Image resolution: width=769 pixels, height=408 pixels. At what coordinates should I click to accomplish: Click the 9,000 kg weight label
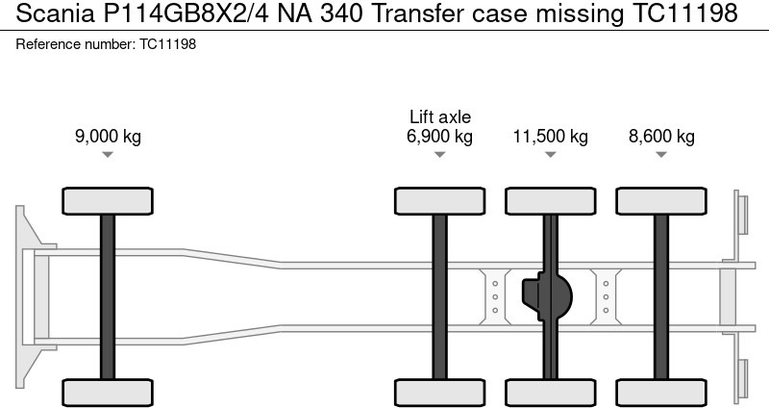tap(108, 136)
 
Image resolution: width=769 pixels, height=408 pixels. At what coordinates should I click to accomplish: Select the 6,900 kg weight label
tap(439, 136)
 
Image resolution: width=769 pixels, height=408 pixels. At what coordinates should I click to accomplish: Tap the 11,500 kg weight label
tap(550, 136)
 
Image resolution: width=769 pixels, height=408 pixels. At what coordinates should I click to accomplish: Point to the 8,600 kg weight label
tap(661, 136)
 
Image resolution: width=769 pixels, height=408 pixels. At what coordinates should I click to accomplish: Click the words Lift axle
tap(439, 116)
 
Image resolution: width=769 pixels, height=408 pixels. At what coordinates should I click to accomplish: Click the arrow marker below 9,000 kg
tap(108, 155)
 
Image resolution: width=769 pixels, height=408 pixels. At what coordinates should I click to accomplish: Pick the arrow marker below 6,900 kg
tap(439, 155)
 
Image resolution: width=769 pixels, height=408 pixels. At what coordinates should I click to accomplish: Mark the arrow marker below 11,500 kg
tap(550, 155)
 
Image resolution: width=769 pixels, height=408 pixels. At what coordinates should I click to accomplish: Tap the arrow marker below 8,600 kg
tap(661, 155)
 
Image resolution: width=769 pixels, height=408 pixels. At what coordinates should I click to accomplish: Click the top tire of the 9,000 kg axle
tap(108, 201)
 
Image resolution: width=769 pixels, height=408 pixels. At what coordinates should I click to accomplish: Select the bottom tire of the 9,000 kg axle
tap(108, 392)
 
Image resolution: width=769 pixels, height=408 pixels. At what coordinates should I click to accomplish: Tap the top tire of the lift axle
tap(439, 201)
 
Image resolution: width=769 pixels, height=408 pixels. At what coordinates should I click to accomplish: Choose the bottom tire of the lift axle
tap(439, 392)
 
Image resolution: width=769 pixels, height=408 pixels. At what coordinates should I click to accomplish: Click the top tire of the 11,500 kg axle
tap(550, 201)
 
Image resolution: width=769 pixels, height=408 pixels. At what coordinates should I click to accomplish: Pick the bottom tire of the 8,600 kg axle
tap(661, 392)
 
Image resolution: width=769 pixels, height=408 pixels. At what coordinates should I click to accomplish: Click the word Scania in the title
tap(43, 13)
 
